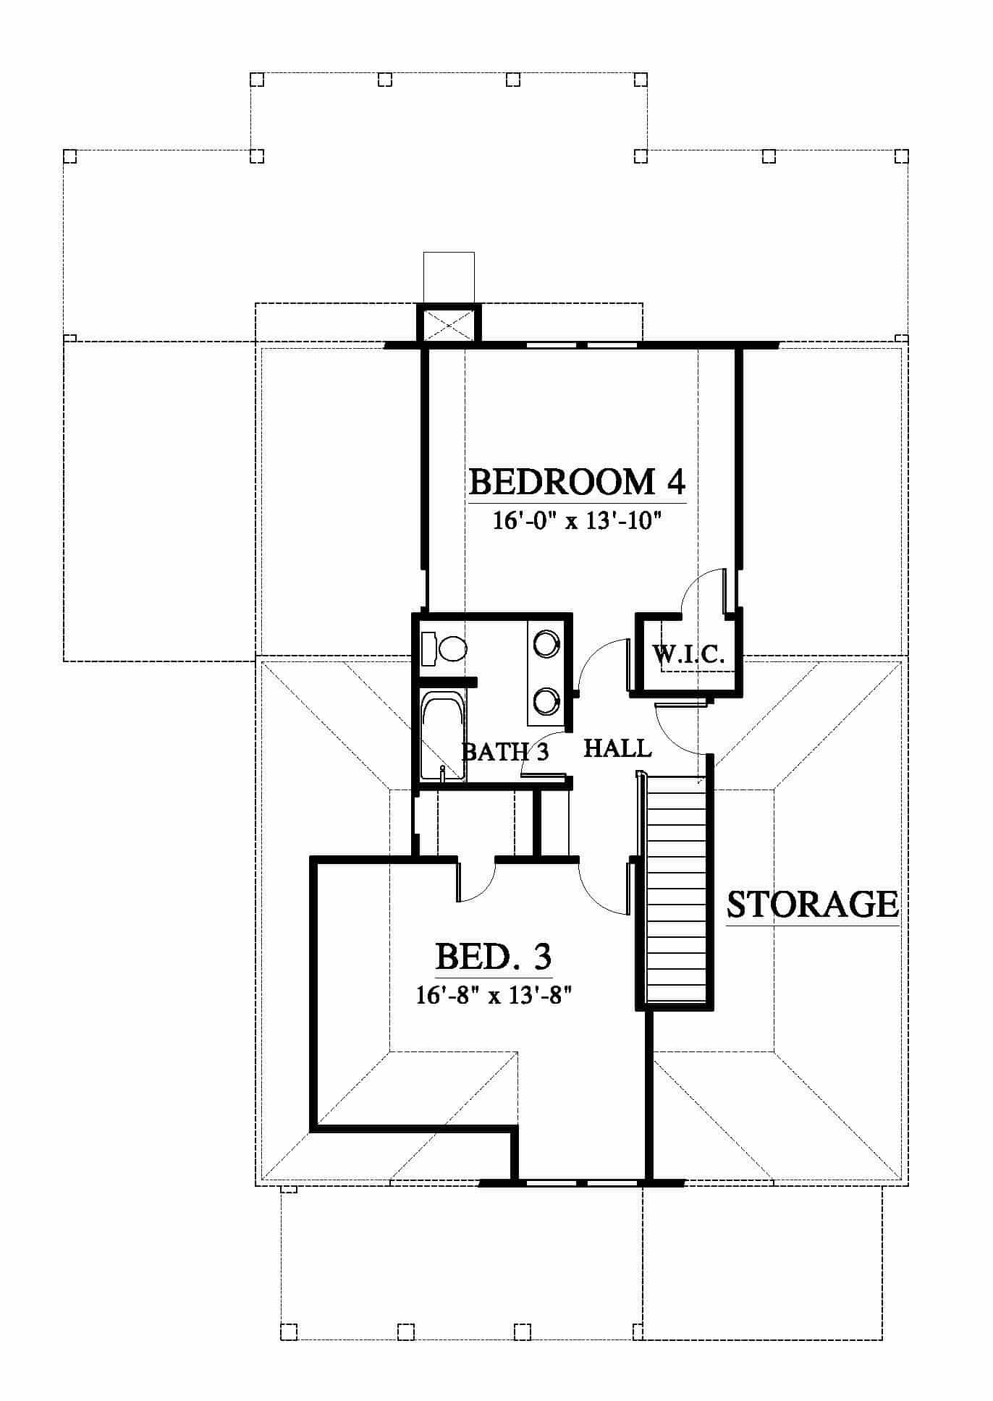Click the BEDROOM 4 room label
[x=578, y=482]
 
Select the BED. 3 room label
[x=494, y=957]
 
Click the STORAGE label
[x=813, y=904]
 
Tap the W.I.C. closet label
[x=688, y=655]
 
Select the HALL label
[x=617, y=748]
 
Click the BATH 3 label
[x=505, y=752]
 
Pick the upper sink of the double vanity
[x=546, y=643]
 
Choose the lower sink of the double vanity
[x=546, y=700]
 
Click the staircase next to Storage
[x=675, y=892]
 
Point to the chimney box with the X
[x=449, y=323]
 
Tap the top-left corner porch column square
[x=70, y=156]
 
